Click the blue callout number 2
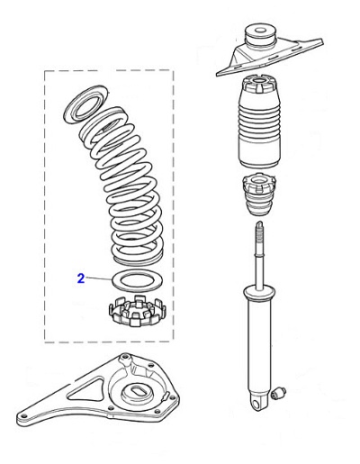point(80,279)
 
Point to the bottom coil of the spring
point(135,258)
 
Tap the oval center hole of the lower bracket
point(139,393)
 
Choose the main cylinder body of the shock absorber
point(259,342)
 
